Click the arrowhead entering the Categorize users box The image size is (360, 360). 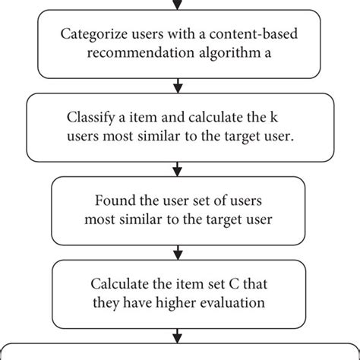point(179,5)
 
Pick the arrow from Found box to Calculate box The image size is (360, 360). point(179,251)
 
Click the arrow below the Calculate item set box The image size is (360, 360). point(179,335)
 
